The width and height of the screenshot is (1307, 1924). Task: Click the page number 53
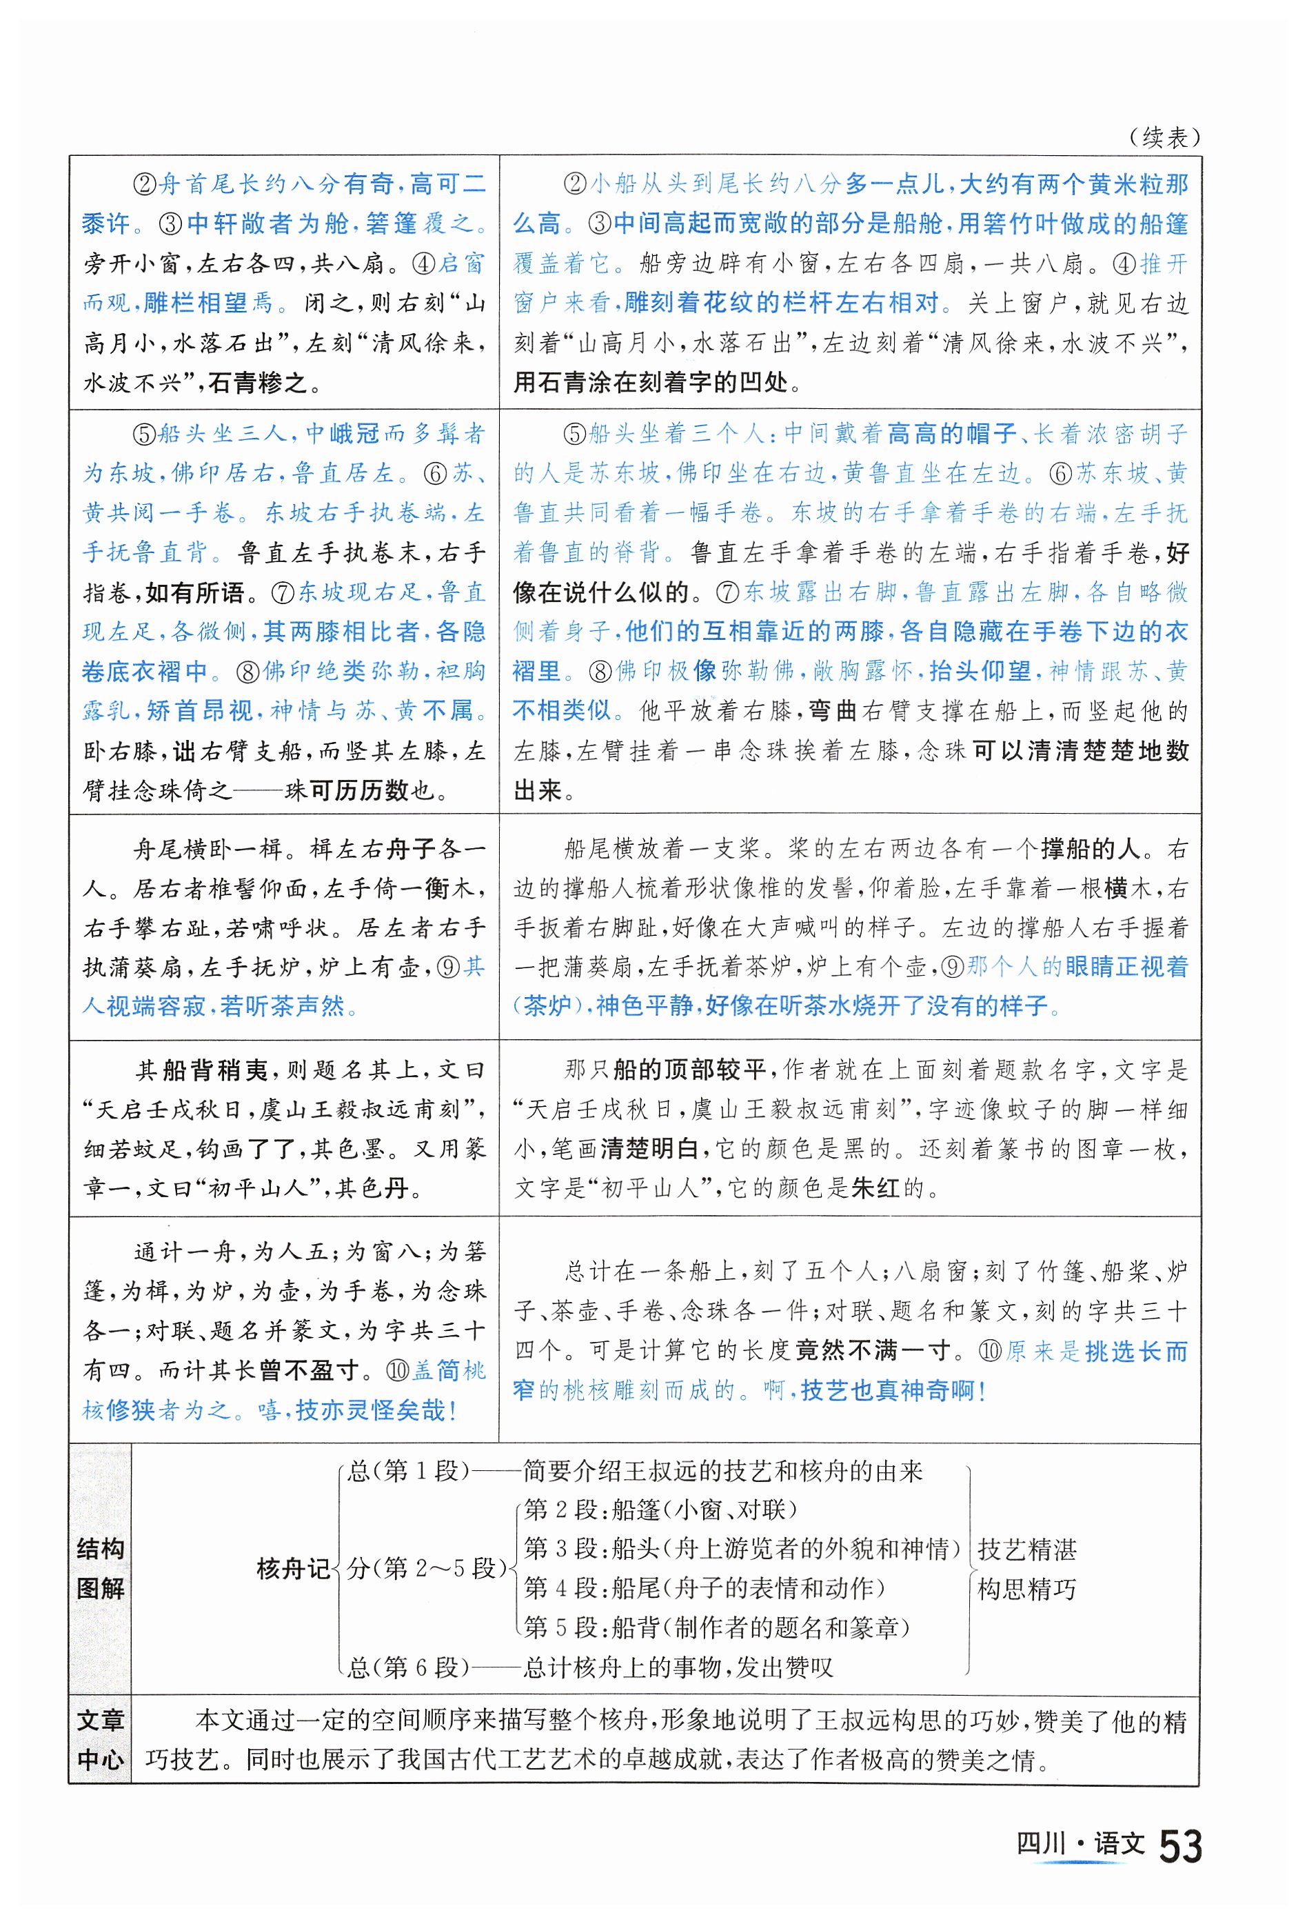pos(1180,1845)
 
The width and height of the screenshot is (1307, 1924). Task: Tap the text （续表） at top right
pos(1164,137)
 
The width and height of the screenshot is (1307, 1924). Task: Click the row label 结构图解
pos(100,1568)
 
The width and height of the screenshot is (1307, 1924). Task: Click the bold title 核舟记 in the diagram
pos(293,1568)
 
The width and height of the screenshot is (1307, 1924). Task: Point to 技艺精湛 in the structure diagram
pos(1026,1549)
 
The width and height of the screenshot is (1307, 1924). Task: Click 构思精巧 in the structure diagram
pos(1026,1589)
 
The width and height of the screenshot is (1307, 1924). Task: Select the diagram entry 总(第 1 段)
pos(408,1471)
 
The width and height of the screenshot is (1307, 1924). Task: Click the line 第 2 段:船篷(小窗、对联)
pos(660,1510)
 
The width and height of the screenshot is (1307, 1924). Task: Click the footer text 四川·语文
pos(1080,1843)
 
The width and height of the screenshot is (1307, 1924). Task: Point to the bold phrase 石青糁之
pos(256,383)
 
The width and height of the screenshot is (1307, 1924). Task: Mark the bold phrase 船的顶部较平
pos(689,1070)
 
